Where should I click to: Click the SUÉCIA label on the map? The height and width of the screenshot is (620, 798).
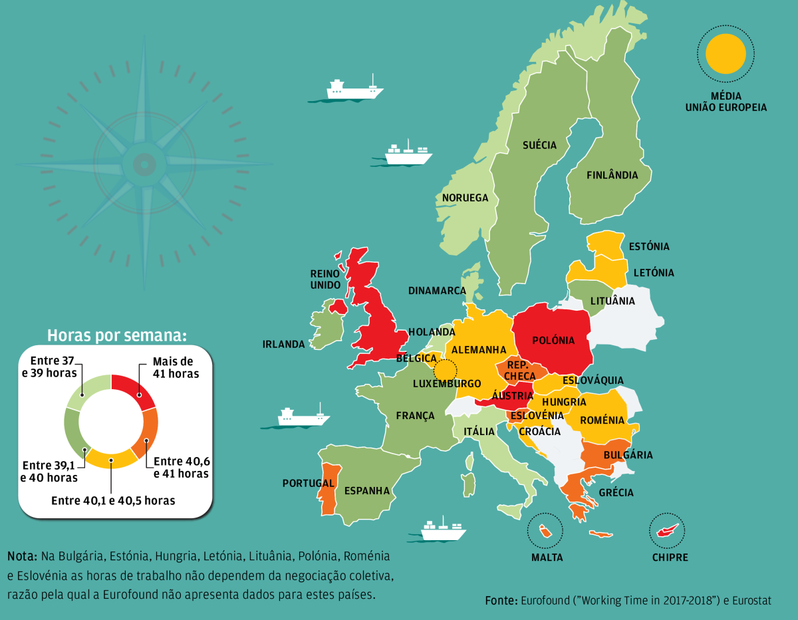click(539, 145)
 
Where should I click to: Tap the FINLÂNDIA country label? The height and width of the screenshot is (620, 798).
click(612, 176)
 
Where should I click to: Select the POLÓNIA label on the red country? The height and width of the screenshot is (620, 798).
click(553, 341)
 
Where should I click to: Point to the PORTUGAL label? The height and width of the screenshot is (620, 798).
click(308, 483)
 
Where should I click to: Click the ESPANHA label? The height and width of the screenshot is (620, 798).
click(367, 491)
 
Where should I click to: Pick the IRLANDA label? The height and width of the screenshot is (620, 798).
click(283, 345)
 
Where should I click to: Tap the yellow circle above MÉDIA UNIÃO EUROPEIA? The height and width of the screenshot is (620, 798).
click(726, 54)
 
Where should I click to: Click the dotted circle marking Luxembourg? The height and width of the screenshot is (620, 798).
click(446, 369)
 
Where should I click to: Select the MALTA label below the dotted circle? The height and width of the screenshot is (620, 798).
click(547, 557)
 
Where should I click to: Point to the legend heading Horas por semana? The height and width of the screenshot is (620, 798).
click(116, 335)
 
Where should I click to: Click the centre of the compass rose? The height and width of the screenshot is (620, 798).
click(143, 164)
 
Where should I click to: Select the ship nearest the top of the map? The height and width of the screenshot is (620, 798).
click(354, 90)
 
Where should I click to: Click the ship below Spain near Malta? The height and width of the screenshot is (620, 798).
click(443, 530)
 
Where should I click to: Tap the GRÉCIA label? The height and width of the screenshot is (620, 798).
click(616, 493)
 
